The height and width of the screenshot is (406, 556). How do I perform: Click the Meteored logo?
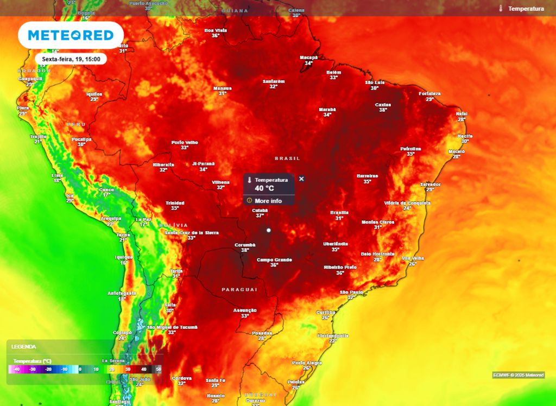[71, 35]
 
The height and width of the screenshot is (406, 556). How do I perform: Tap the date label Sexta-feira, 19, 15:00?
[71, 59]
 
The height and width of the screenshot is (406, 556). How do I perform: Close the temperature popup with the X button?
[302, 179]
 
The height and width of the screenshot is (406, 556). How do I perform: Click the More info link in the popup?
[268, 201]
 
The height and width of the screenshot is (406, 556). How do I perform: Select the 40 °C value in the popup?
[264, 188]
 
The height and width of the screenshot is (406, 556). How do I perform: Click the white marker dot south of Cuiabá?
[268, 230]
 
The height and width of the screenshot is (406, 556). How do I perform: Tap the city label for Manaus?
[222, 88]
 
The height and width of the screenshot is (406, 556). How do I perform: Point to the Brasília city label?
[339, 213]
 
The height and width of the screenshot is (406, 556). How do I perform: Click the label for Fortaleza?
[429, 94]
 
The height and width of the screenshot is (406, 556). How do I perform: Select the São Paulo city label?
[351, 293]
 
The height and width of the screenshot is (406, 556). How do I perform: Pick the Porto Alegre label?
[307, 363]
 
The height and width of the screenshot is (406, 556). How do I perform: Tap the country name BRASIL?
[287, 158]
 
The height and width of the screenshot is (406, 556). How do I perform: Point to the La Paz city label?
[143, 219]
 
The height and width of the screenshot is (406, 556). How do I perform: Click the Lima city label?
[58, 175]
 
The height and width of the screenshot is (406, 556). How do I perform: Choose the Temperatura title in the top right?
[526, 9]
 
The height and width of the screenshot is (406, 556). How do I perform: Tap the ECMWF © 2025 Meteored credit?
[518, 375]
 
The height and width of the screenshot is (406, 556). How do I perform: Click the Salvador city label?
[430, 185]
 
